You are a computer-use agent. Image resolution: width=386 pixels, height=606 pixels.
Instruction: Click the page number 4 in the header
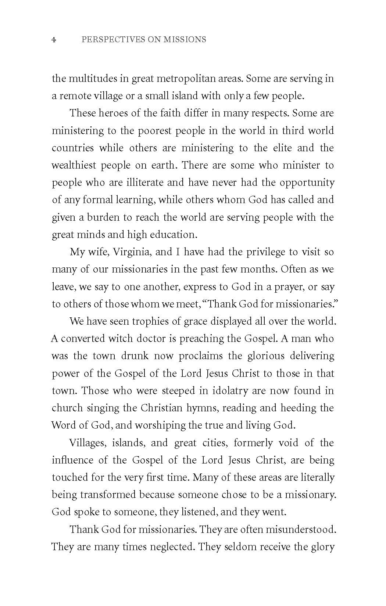pos(54,39)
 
